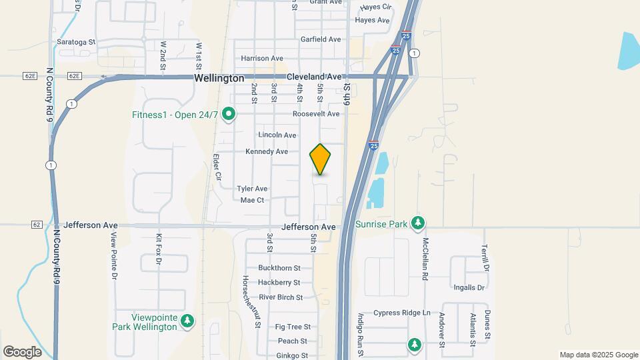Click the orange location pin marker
pos(320,159)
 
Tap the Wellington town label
pos(219,78)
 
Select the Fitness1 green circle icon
pos(229,115)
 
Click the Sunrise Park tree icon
pos(418,223)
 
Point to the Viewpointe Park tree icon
pos(188,321)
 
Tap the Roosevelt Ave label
pos(316,114)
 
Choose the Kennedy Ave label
pos(267,152)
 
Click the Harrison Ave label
pos(262,59)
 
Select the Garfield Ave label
pos(321,39)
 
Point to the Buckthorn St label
pos(280,268)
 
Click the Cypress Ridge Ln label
pos(402,313)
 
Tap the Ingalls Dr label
pos(468,287)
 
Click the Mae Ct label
pos(252,200)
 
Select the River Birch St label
pos(281,297)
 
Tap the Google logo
pos(22,351)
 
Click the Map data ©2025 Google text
pos(598,355)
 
